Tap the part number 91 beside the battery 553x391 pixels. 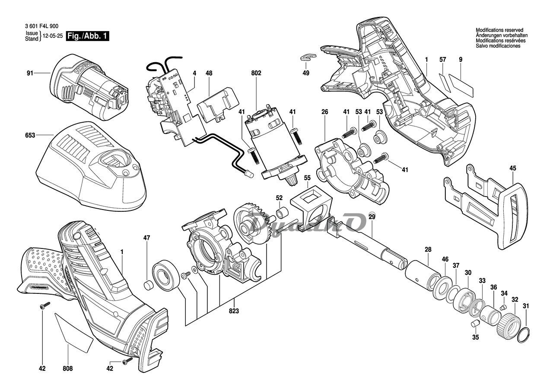pyautogui.click(x=30, y=73)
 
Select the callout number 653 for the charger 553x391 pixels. pyautogui.click(x=30, y=135)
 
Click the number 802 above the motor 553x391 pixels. pyautogui.click(x=256, y=74)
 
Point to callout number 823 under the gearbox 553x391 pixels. pyautogui.click(x=234, y=311)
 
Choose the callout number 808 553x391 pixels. pyautogui.click(x=67, y=369)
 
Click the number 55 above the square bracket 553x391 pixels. pyautogui.click(x=307, y=178)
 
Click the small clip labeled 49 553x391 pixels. pyautogui.click(x=307, y=56)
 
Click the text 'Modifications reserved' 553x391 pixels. pyautogui.click(x=499, y=30)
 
